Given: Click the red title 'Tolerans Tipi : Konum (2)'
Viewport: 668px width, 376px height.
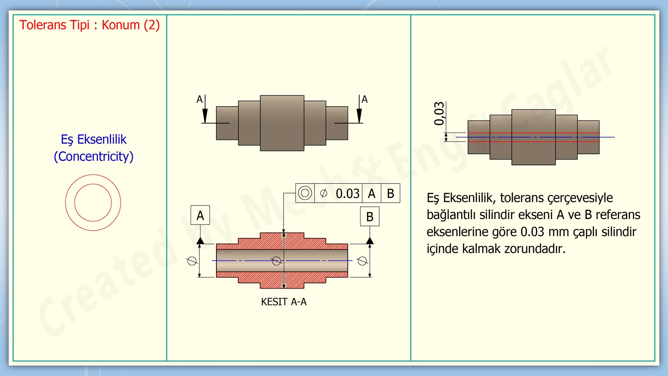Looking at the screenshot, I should (x=89, y=25).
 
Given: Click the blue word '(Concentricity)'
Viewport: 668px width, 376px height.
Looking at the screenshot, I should (x=94, y=156).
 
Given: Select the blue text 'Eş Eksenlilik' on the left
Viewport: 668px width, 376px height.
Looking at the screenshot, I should (x=94, y=139).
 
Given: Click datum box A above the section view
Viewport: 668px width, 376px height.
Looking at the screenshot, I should (x=200, y=215).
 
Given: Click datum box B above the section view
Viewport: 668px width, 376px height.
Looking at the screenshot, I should (x=369, y=217).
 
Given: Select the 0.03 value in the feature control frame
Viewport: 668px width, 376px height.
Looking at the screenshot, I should (x=347, y=194).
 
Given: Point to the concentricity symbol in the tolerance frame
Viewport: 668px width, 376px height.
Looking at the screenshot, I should (x=305, y=193).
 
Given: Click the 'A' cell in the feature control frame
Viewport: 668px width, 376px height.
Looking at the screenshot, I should (x=372, y=194).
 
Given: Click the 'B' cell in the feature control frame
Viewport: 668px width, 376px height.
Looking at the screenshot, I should (x=390, y=194).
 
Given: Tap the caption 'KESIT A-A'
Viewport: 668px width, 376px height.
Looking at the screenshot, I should (x=284, y=302).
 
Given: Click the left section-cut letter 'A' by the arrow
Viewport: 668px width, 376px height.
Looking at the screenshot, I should (x=199, y=100).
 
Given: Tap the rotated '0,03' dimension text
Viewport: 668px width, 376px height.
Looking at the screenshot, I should (x=439, y=113).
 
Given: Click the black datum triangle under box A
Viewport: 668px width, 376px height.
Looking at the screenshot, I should (x=200, y=241).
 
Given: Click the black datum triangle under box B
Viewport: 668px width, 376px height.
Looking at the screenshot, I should (x=370, y=241).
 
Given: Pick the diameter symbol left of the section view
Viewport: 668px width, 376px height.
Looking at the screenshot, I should (x=192, y=261).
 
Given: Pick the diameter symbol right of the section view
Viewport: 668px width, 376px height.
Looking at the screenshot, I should (x=362, y=261).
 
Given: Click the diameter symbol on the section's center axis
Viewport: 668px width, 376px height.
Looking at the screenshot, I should (x=277, y=261).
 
